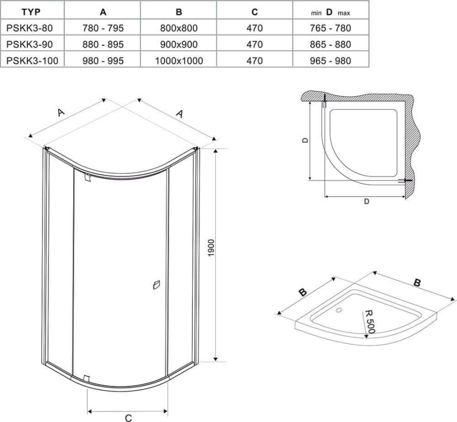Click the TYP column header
point(31,12)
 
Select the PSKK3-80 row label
point(29,28)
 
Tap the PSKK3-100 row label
point(32,60)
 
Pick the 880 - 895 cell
point(103,44)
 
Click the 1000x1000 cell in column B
point(179,60)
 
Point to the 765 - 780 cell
point(331,28)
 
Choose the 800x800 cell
point(179,28)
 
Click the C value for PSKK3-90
point(254,44)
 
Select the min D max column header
point(330,12)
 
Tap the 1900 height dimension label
point(211,248)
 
